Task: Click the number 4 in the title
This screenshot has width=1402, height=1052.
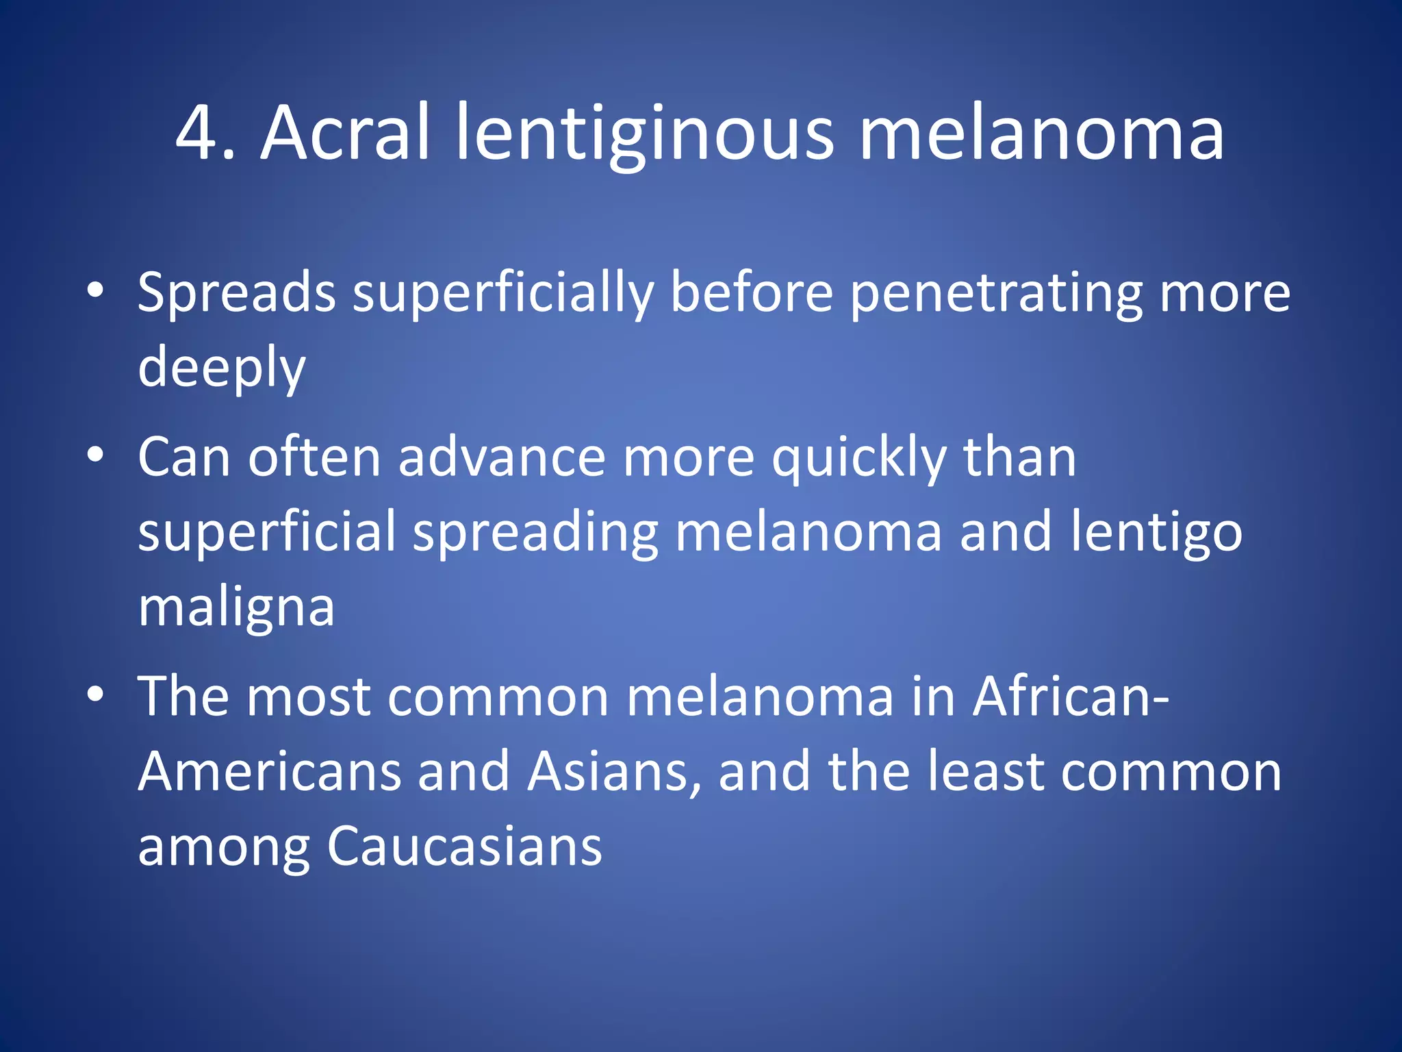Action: [199, 134]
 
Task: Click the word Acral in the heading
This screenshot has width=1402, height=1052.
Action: [346, 134]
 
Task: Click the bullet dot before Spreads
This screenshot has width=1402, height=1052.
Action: [96, 291]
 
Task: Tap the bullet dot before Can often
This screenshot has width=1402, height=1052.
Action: [96, 455]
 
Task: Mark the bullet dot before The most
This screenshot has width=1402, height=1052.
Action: [96, 694]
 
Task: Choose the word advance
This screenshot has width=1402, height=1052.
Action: [502, 458]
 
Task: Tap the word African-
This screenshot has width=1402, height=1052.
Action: [1071, 697]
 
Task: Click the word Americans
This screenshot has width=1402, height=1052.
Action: [269, 773]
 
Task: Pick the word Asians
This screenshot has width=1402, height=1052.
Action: [614, 773]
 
